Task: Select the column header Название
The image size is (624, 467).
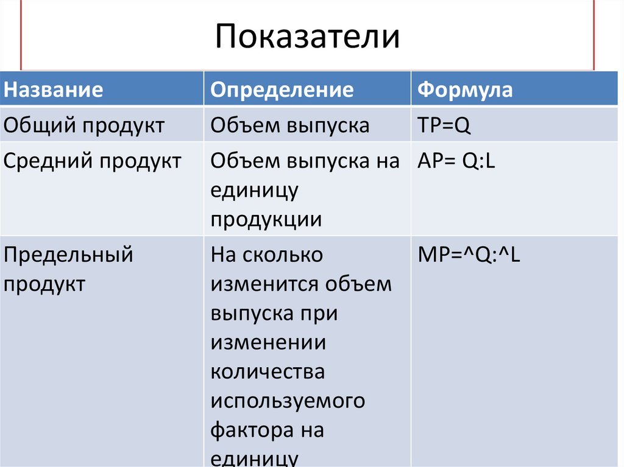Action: point(54,90)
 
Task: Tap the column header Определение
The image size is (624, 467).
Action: point(282,90)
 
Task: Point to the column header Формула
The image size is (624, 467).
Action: point(465,90)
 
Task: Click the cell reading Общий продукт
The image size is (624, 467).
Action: point(84,126)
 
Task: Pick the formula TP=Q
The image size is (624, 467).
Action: point(445,126)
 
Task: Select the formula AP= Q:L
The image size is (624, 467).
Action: point(456,161)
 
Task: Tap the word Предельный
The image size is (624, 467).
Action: point(68,255)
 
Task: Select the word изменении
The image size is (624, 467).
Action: point(269,343)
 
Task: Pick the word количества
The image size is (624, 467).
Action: point(268,372)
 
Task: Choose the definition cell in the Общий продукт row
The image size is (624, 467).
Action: point(290,126)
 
